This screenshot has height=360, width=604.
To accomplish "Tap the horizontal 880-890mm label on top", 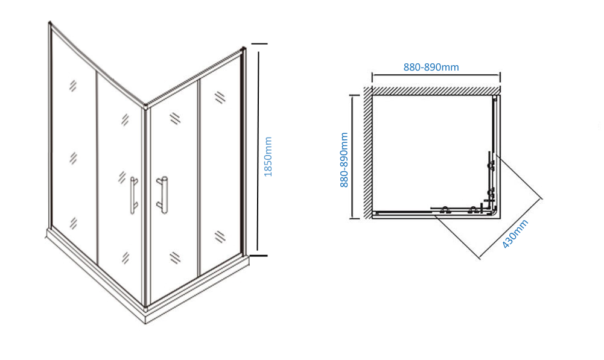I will coord(431,68).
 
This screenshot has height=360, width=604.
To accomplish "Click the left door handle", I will coord(133,195).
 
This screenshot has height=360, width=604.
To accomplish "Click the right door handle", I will coord(162,194).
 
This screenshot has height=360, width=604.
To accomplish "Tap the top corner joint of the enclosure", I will coord(145,108).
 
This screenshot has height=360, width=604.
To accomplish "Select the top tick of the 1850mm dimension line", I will coord(259,44).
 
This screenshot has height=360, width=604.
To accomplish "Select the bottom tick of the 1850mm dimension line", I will coord(259,255).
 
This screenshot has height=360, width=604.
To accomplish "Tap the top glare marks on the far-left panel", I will coord(73,86).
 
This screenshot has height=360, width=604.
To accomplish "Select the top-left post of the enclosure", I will coord(50,25).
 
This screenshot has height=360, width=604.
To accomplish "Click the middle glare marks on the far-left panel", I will coord(73,158).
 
